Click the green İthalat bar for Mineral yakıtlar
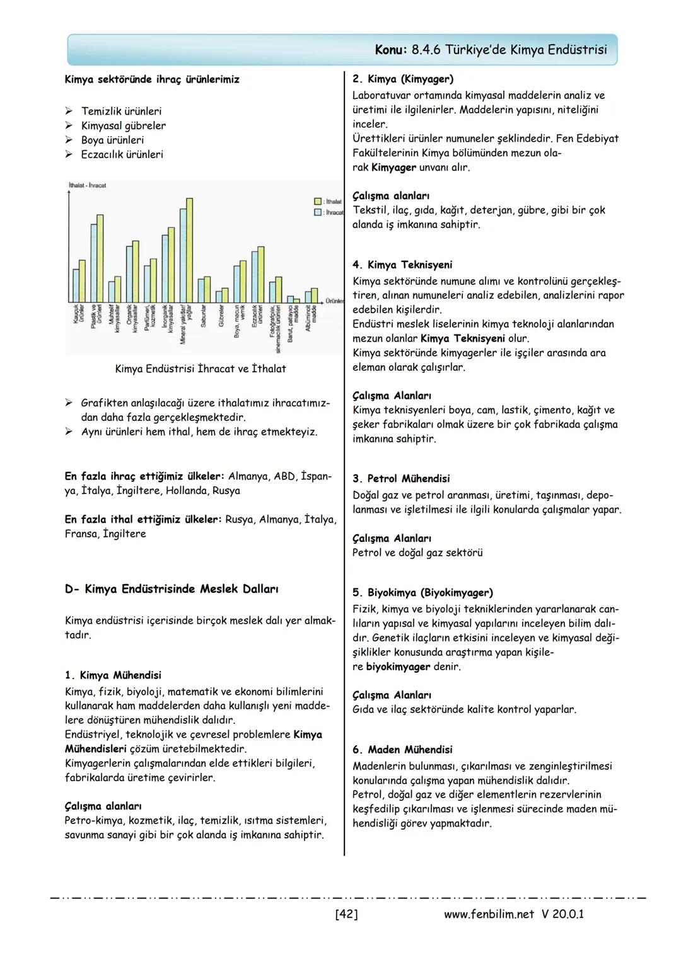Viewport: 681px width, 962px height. [189, 250]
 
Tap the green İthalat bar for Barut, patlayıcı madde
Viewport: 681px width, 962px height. [297, 300]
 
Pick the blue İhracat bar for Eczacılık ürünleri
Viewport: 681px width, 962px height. [254, 278]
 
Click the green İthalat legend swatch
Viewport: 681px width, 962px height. [318, 201]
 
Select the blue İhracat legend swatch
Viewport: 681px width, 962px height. [318, 212]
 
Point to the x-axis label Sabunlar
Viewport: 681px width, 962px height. [203, 316]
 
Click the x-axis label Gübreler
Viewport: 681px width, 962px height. [221, 316]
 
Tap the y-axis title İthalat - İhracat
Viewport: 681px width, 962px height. [87, 185]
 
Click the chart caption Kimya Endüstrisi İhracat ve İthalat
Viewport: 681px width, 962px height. [200, 369]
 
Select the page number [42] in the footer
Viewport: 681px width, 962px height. [346, 913]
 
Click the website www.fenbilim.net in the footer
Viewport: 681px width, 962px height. [489, 913]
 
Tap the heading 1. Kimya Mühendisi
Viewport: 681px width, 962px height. [113, 675]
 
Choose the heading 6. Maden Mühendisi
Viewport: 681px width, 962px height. [402, 750]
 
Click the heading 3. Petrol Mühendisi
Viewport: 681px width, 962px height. [401, 479]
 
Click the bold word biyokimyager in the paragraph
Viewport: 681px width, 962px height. [398, 667]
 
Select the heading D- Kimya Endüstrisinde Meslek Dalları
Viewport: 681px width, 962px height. [172, 589]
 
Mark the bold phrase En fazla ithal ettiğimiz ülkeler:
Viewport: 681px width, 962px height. [143, 520]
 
